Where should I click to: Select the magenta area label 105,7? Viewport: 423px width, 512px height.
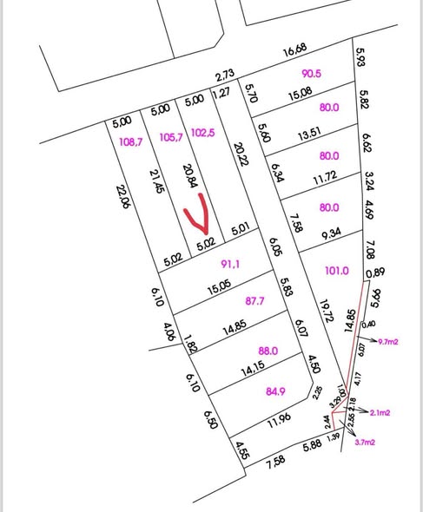tap(168, 137)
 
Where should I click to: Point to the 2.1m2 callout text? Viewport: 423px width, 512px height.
tap(380, 413)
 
